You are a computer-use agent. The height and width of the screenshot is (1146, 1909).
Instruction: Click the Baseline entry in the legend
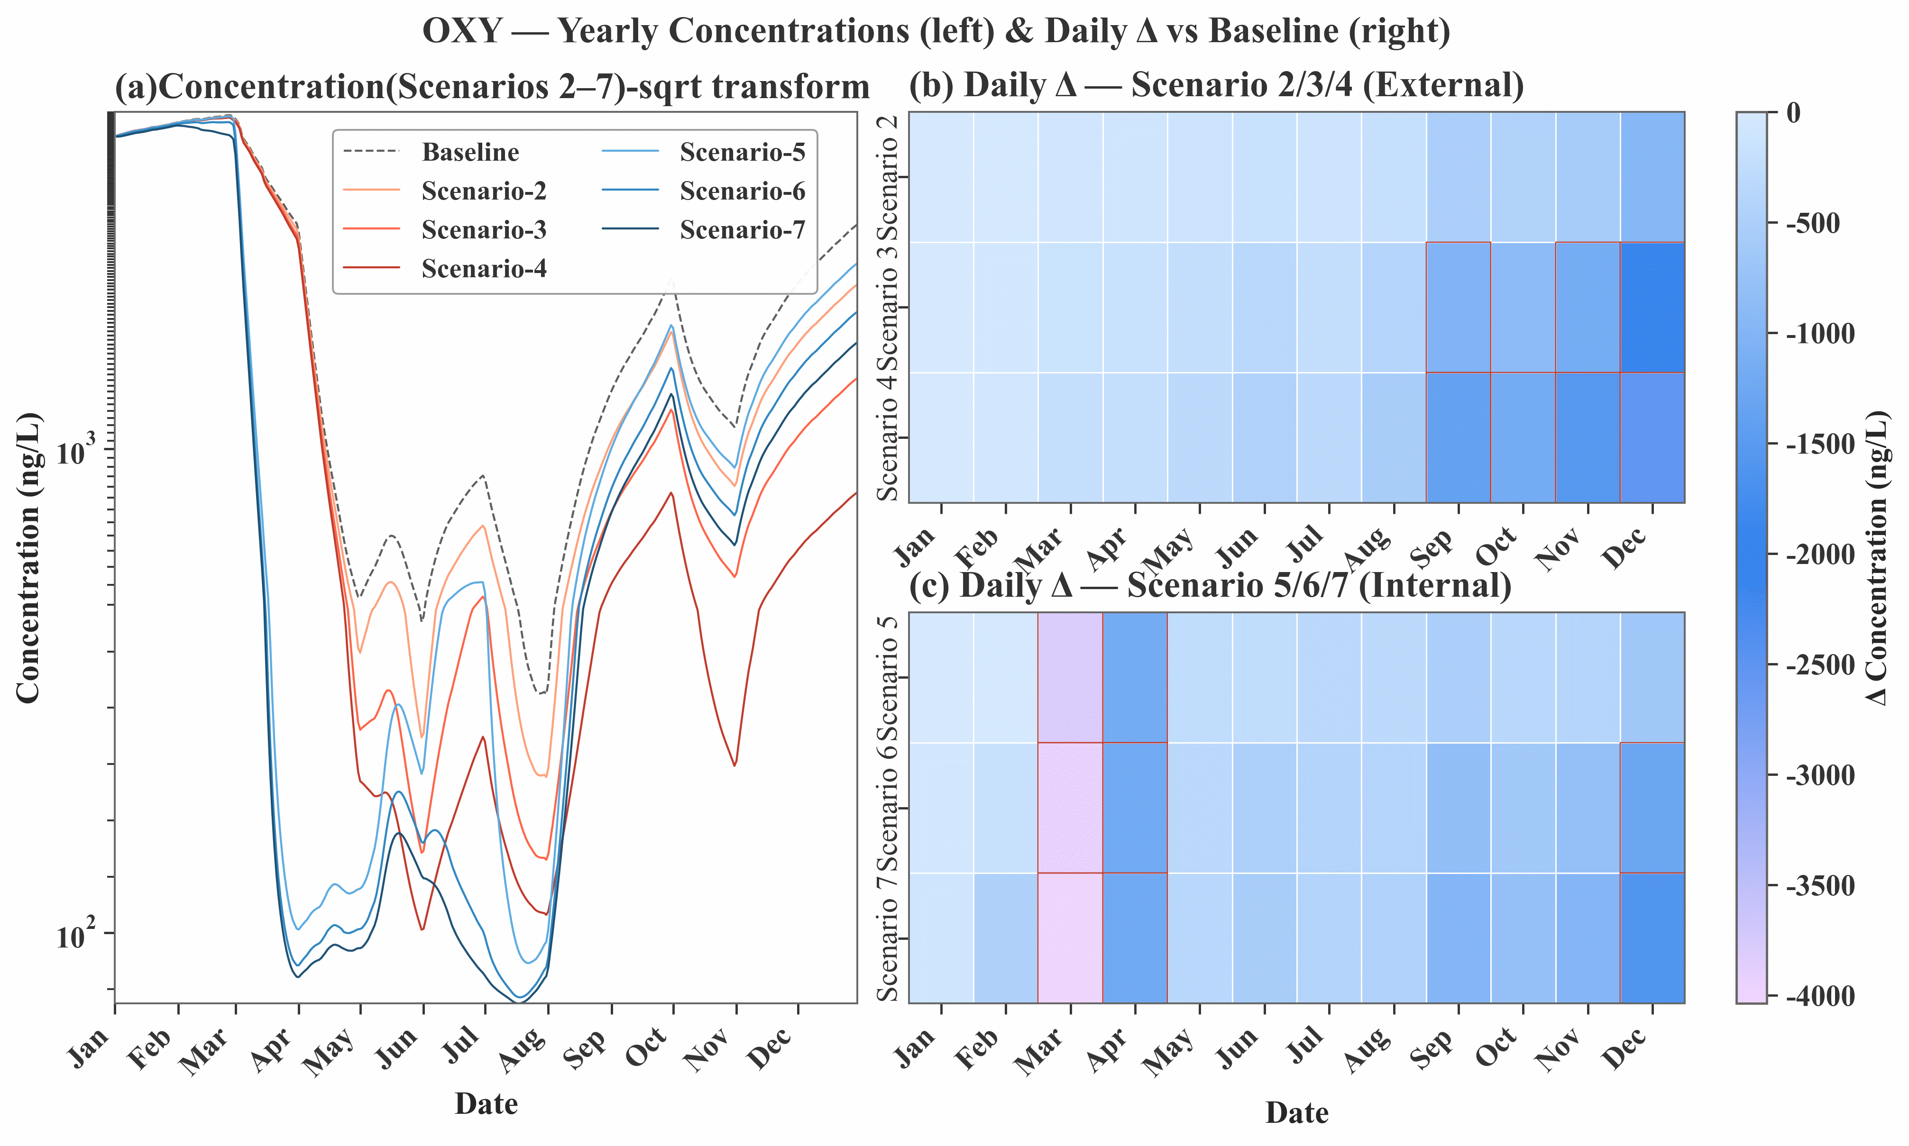click(470, 152)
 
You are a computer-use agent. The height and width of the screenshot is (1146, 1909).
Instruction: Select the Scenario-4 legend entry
click(484, 269)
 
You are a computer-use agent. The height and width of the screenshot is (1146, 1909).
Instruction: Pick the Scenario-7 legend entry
click(742, 230)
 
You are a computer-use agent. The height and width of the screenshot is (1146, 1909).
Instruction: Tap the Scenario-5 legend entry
click(742, 152)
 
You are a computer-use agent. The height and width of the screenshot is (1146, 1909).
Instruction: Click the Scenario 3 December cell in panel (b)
click(1652, 307)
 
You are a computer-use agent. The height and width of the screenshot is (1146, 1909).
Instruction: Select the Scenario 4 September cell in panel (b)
click(1458, 437)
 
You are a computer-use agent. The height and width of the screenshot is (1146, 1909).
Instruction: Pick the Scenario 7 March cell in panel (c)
click(1070, 937)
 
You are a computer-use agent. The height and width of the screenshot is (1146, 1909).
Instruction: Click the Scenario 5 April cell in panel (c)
click(1135, 677)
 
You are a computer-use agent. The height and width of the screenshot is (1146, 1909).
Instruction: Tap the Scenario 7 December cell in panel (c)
click(1652, 937)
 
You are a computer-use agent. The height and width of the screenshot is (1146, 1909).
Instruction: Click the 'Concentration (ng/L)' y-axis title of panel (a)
click(28, 557)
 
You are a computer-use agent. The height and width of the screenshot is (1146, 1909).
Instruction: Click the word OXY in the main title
click(462, 32)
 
